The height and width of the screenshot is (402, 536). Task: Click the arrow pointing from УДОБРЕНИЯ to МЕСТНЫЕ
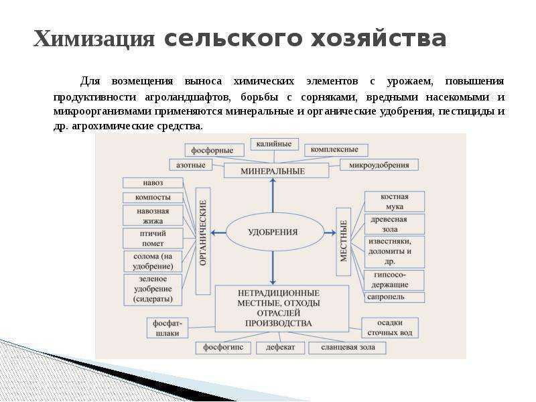pyautogui.click(x=330, y=232)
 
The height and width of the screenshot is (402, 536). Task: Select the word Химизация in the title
pyautogui.click(x=94, y=38)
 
